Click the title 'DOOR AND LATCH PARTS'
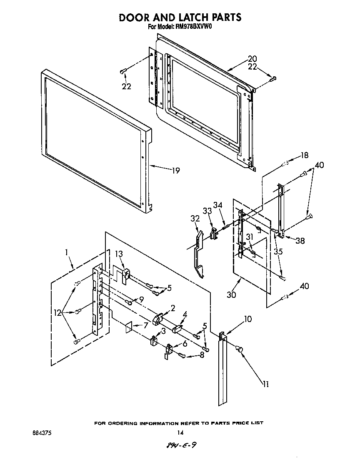click(x=180, y=17)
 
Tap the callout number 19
click(x=175, y=171)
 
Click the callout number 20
click(x=252, y=59)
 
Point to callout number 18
click(x=304, y=156)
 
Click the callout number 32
click(x=195, y=218)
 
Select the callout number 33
click(x=207, y=211)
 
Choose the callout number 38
click(x=300, y=240)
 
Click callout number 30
click(x=231, y=294)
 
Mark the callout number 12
click(x=57, y=311)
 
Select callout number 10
click(x=247, y=320)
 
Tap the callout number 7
click(x=145, y=325)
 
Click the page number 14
click(x=180, y=433)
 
